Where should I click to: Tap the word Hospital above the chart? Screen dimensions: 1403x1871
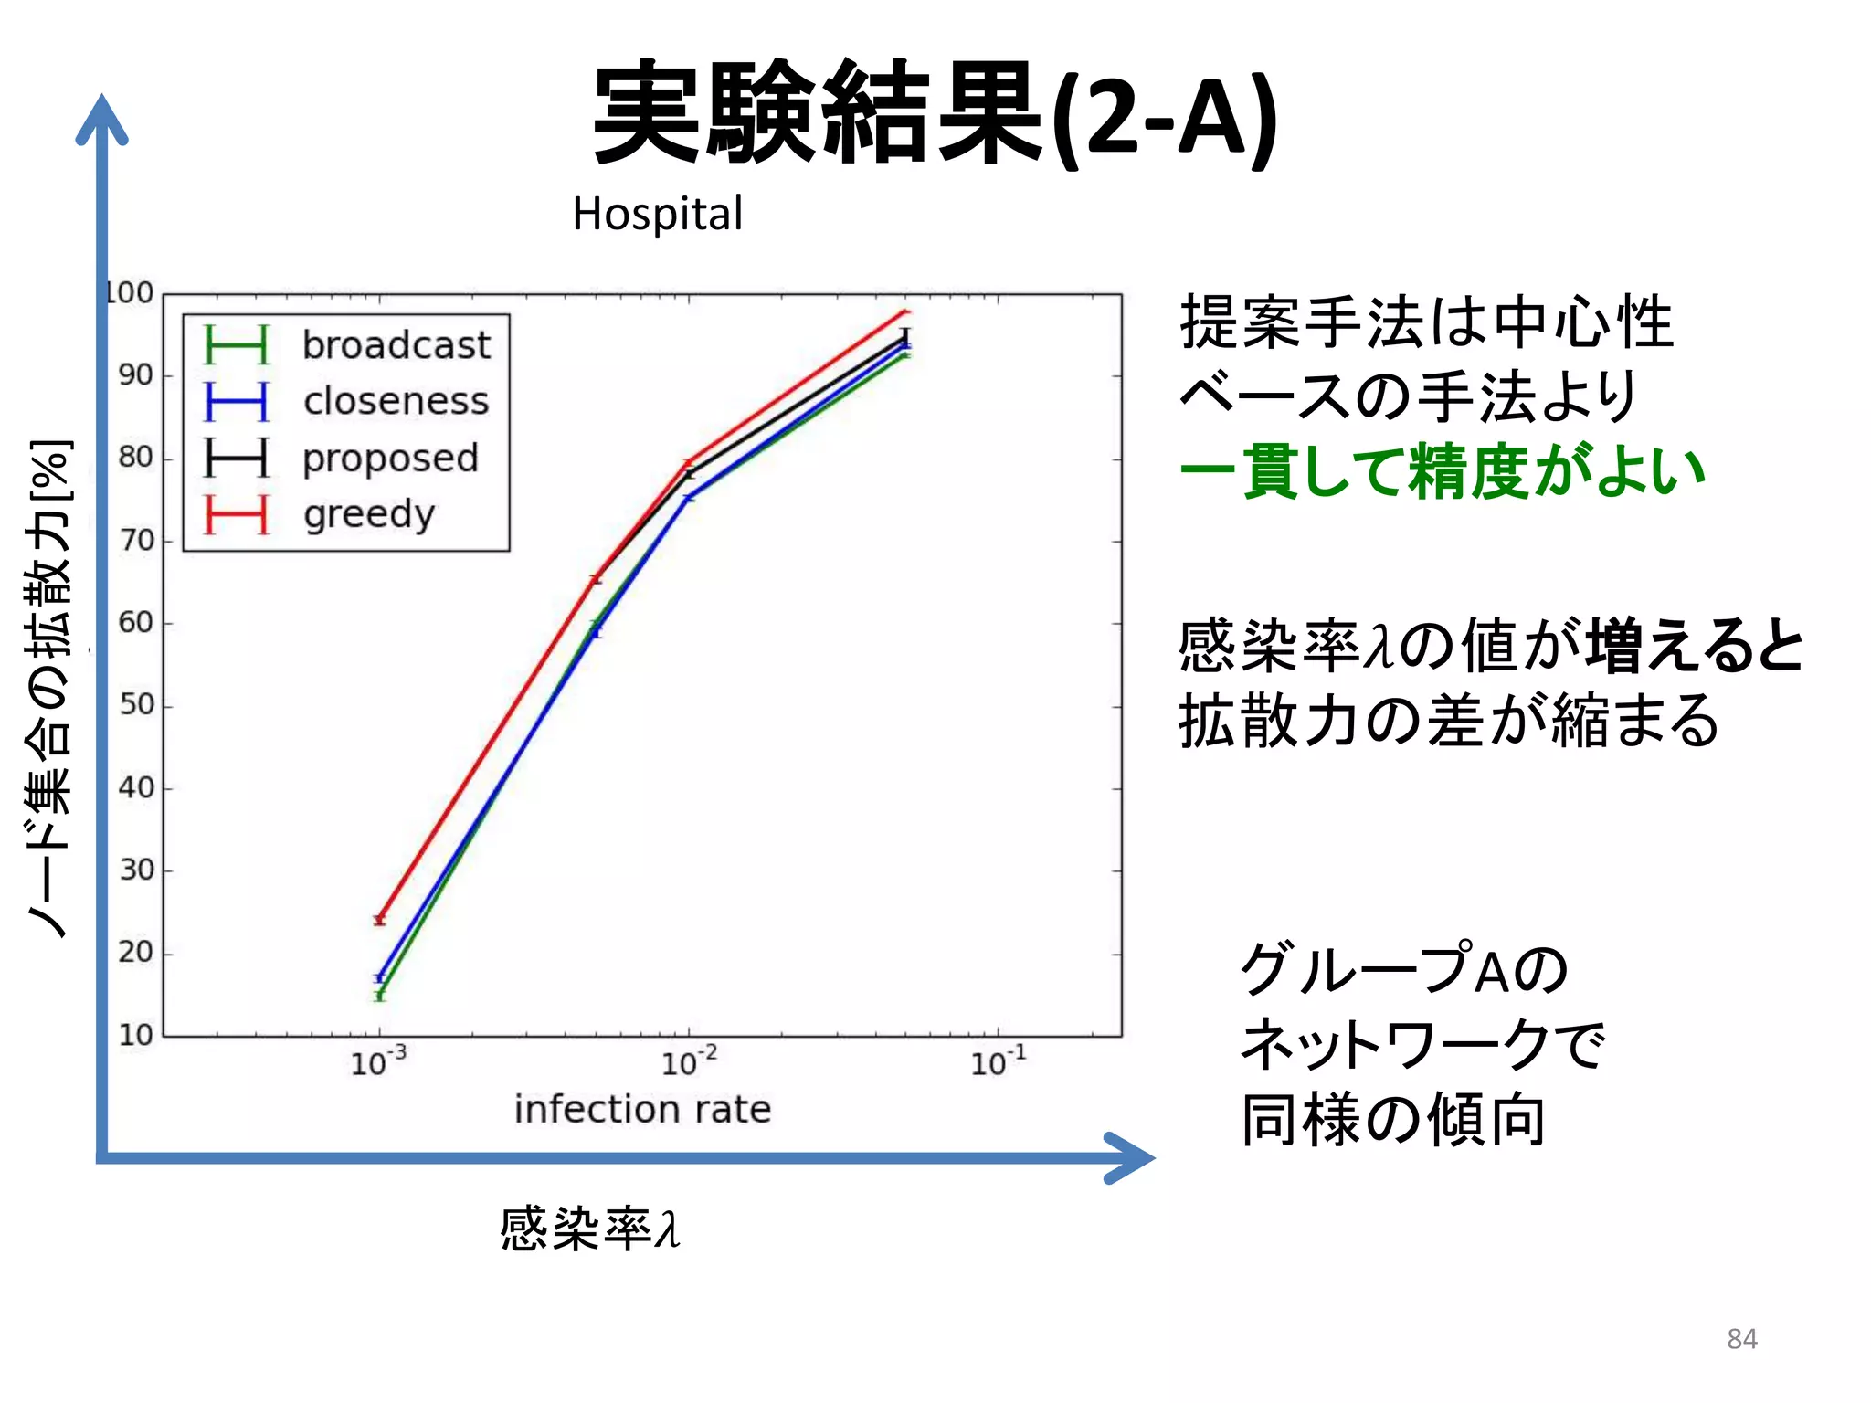pyautogui.click(x=657, y=215)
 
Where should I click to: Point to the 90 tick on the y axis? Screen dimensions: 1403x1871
pyautogui.click(x=135, y=374)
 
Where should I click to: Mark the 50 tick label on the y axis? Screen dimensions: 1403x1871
pyautogui.click(x=135, y=704)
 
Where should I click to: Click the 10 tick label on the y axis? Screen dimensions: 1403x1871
pyautogui.click(x=135, y=1035)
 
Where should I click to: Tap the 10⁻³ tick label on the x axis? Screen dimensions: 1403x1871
pyautogui.click(x=377, y=1062)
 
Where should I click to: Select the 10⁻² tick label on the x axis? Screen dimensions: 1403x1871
pyautogui.click(x=688, y=1062)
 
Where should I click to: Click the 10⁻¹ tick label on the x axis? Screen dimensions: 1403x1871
pyautogui.click(x=998, y=1062)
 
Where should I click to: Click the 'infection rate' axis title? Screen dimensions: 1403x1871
pyautogui.click(x=642, y=1109)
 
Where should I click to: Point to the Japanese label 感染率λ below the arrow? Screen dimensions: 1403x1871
pyautogui.click(x=589, y=1228)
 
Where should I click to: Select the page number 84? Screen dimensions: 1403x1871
pyautogui.click(x=1741, y=1339)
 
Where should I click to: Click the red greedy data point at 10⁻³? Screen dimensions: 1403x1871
pyautogui.click(x=379, y=920)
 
